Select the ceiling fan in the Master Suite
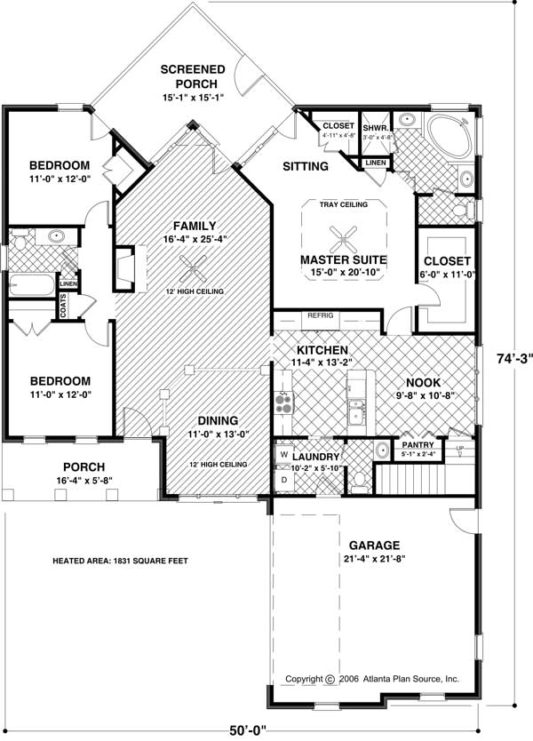pos(340,237)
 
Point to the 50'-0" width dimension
pos(245,731)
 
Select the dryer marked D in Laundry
pos(284,479)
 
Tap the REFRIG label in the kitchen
pos(319,315)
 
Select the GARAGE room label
pos(373,545)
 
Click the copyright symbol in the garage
pos(329,679)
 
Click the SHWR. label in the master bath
pos(371,126)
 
